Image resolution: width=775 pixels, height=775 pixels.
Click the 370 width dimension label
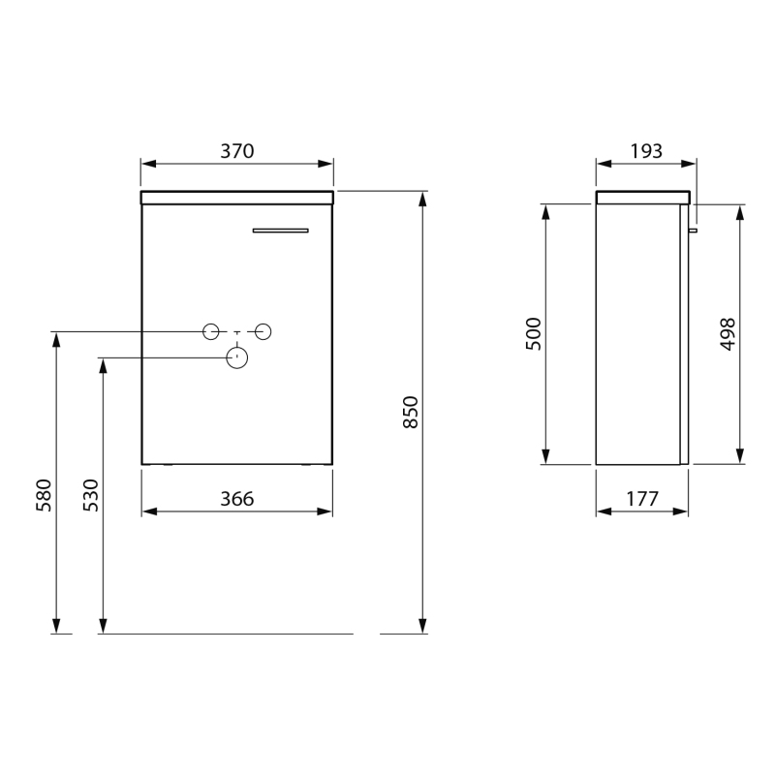(237, 151)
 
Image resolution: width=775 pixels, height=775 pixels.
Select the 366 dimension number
(237, 499)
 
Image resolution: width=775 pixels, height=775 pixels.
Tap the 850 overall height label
(411, 412)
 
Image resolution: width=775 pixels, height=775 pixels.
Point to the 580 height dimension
(44, 495)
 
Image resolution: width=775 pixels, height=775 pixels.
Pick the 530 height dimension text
(90, 495)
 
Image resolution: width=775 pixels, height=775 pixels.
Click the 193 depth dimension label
(646, 151)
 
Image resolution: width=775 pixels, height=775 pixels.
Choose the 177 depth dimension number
(642, 499)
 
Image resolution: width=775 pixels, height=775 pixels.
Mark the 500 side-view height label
(534, 334)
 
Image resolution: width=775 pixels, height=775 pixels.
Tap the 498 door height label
(728, 334)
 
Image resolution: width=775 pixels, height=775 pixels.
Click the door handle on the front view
(280, 231)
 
